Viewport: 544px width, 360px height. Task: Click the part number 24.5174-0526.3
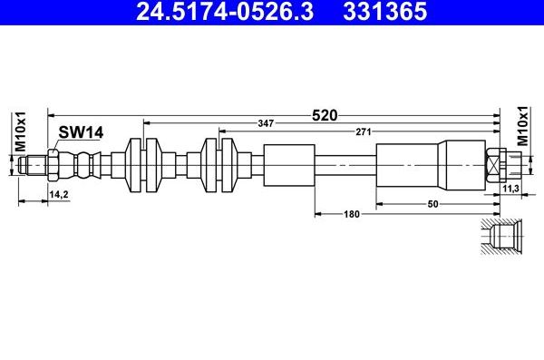pos(225,11)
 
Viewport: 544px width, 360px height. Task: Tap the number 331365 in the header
pos(384,11)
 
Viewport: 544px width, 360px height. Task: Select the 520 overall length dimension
pos(325,115)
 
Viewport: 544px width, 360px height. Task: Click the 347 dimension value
pos(266,123)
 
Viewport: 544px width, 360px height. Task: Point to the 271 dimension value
pos(364,131)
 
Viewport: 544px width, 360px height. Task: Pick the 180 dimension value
pos(352,214)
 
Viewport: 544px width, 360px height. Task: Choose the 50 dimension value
pos(432,204)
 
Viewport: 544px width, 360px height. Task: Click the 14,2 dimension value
pos(58,194)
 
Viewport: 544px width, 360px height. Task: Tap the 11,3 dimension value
pos(510,189)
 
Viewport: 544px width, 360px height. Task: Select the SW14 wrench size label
pos(81,132)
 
